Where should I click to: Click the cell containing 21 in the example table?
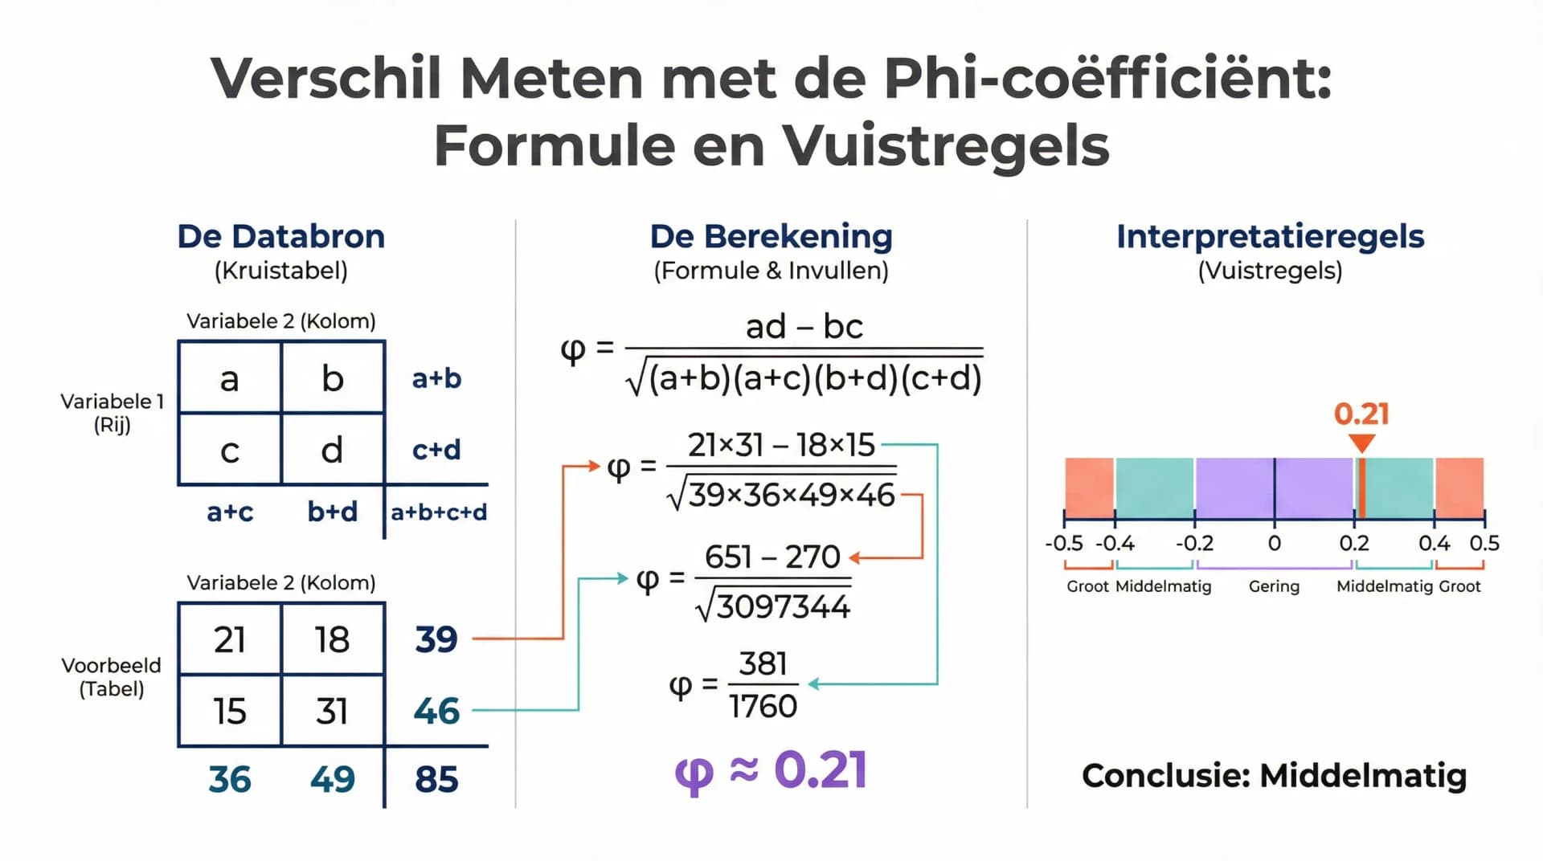pos(230,639)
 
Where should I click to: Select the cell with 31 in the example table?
pos(332,711)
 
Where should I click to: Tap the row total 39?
pos(436,639)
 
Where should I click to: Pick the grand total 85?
pos(436,779)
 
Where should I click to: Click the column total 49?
pos(332,779)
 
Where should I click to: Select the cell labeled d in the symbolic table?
pos(332,450)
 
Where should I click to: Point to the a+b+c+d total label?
pos(439,512)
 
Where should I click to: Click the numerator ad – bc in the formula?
pos(804,327)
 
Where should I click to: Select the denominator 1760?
pos(763,706)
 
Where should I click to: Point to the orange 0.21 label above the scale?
pos(1361,414)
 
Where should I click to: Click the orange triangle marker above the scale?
pos(1361,443)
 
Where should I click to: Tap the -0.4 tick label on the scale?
pos(1115,543)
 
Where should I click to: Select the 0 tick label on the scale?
pos(1274,543)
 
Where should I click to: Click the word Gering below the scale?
pos(1274,586)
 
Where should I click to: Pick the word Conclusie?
pos(1165,776)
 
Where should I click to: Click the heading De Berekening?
pos(771,237)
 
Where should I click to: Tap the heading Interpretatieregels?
pos(1270,237)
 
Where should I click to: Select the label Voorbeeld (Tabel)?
pos(112,677)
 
